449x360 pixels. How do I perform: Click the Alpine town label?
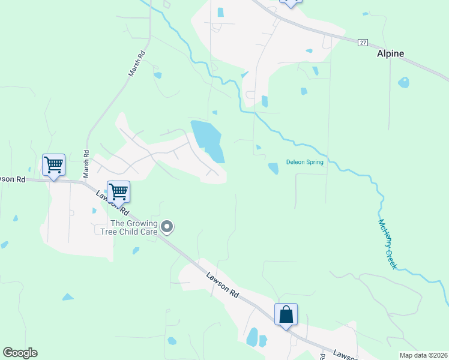tap(390, 53)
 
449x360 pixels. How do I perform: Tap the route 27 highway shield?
tap(363, 43)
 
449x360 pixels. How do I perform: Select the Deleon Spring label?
tap(304, 162)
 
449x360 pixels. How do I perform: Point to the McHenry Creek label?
tap(388, 244)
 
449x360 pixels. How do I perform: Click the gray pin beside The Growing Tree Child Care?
tap(167, 227)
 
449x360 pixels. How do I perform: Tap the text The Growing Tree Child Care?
tap(126, 227)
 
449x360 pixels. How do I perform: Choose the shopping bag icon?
tap(286, 314)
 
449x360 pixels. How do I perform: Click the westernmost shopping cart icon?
tap(53, 164)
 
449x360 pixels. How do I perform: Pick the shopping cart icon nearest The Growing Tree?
tap(118, 191)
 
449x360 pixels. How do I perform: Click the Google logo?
tap(20, 353)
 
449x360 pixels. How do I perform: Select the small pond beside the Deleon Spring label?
tap(273, 169)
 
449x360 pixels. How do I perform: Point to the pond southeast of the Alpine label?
tap(403, 82)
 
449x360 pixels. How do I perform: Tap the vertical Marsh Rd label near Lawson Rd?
tap(86, 163)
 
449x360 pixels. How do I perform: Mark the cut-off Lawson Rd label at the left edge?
tap(12, 179)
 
